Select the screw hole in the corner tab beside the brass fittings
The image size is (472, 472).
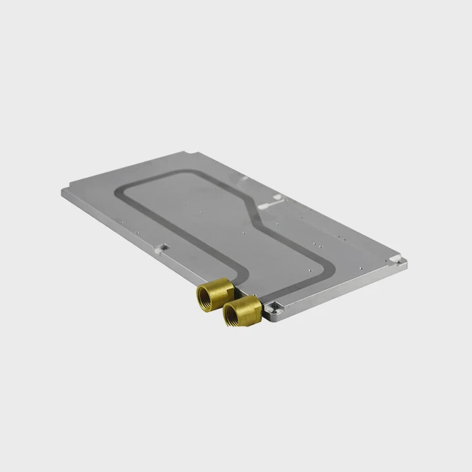coord(274,305)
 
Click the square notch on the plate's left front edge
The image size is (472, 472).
coord(162,248)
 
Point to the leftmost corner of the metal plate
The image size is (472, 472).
coord(64,191)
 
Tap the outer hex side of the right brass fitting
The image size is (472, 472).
coord(252,307)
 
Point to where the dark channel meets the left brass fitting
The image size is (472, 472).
coord(229,279)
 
